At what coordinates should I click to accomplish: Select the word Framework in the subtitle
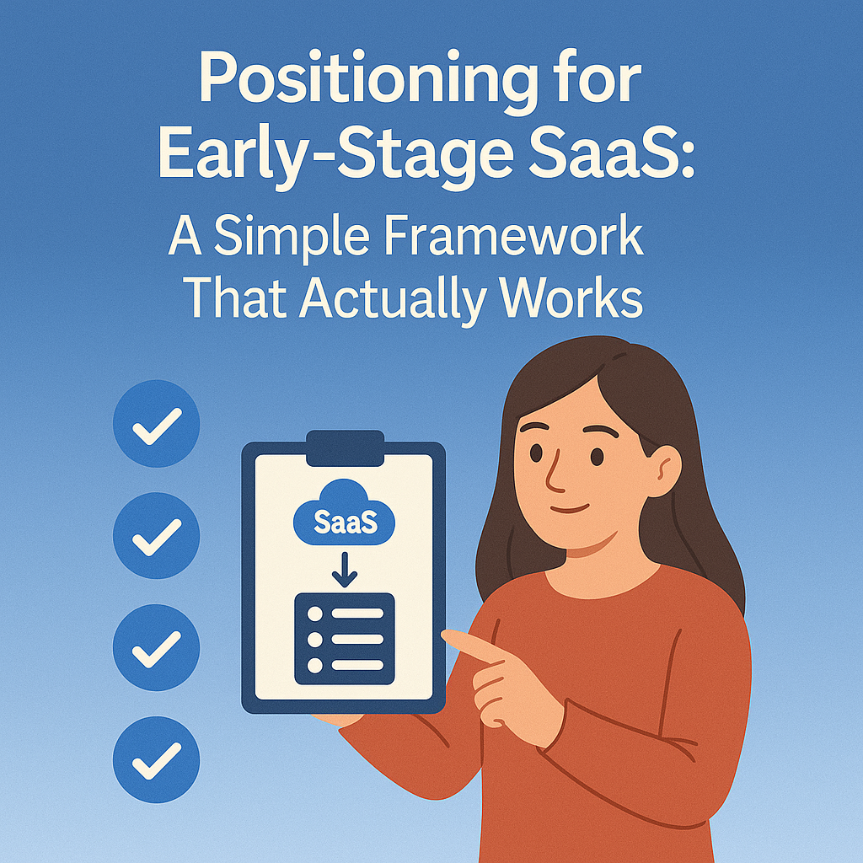click(514, 239)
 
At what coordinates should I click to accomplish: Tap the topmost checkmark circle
click(156, 423)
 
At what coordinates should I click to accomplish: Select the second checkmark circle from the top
click(156, 535)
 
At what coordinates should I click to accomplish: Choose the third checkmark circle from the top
click(156, 647)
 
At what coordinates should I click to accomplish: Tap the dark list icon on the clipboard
click(344, 638)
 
